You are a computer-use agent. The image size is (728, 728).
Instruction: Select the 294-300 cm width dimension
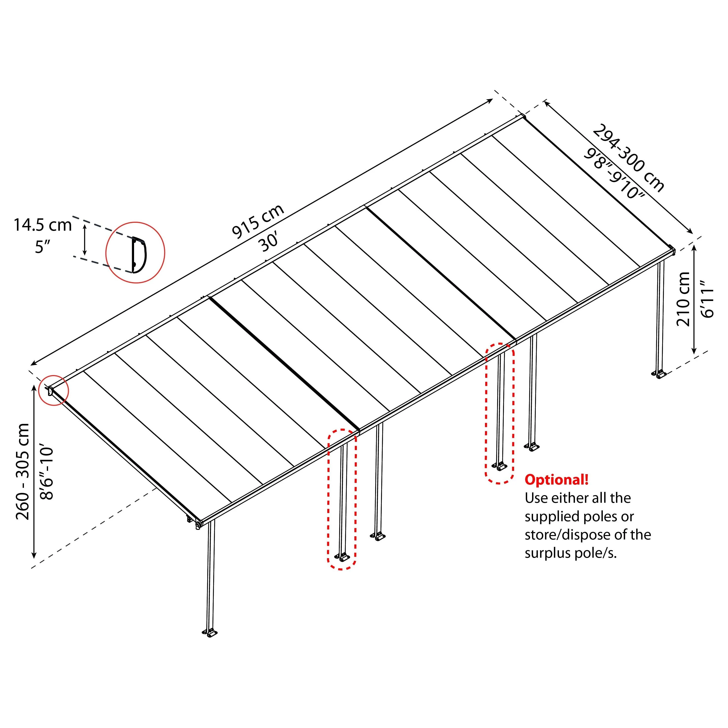pyautogui.click(x=628, y=158)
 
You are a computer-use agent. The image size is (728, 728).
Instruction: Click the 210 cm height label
pyautogui.click(x=683, y=299)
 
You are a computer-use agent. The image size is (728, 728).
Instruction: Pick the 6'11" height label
pyautogui.click(x=708, y=299)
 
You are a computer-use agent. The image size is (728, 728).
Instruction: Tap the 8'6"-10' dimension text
pyautogui.click(x=47, y=473)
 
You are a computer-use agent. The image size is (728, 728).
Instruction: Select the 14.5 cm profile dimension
pyautogui.click(x=43, y=225)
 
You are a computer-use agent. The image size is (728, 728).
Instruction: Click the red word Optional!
pyautogui.click(x=556, y=480)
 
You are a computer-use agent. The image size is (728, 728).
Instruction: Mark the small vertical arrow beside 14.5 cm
pyautogui.click(x=85, y=239)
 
